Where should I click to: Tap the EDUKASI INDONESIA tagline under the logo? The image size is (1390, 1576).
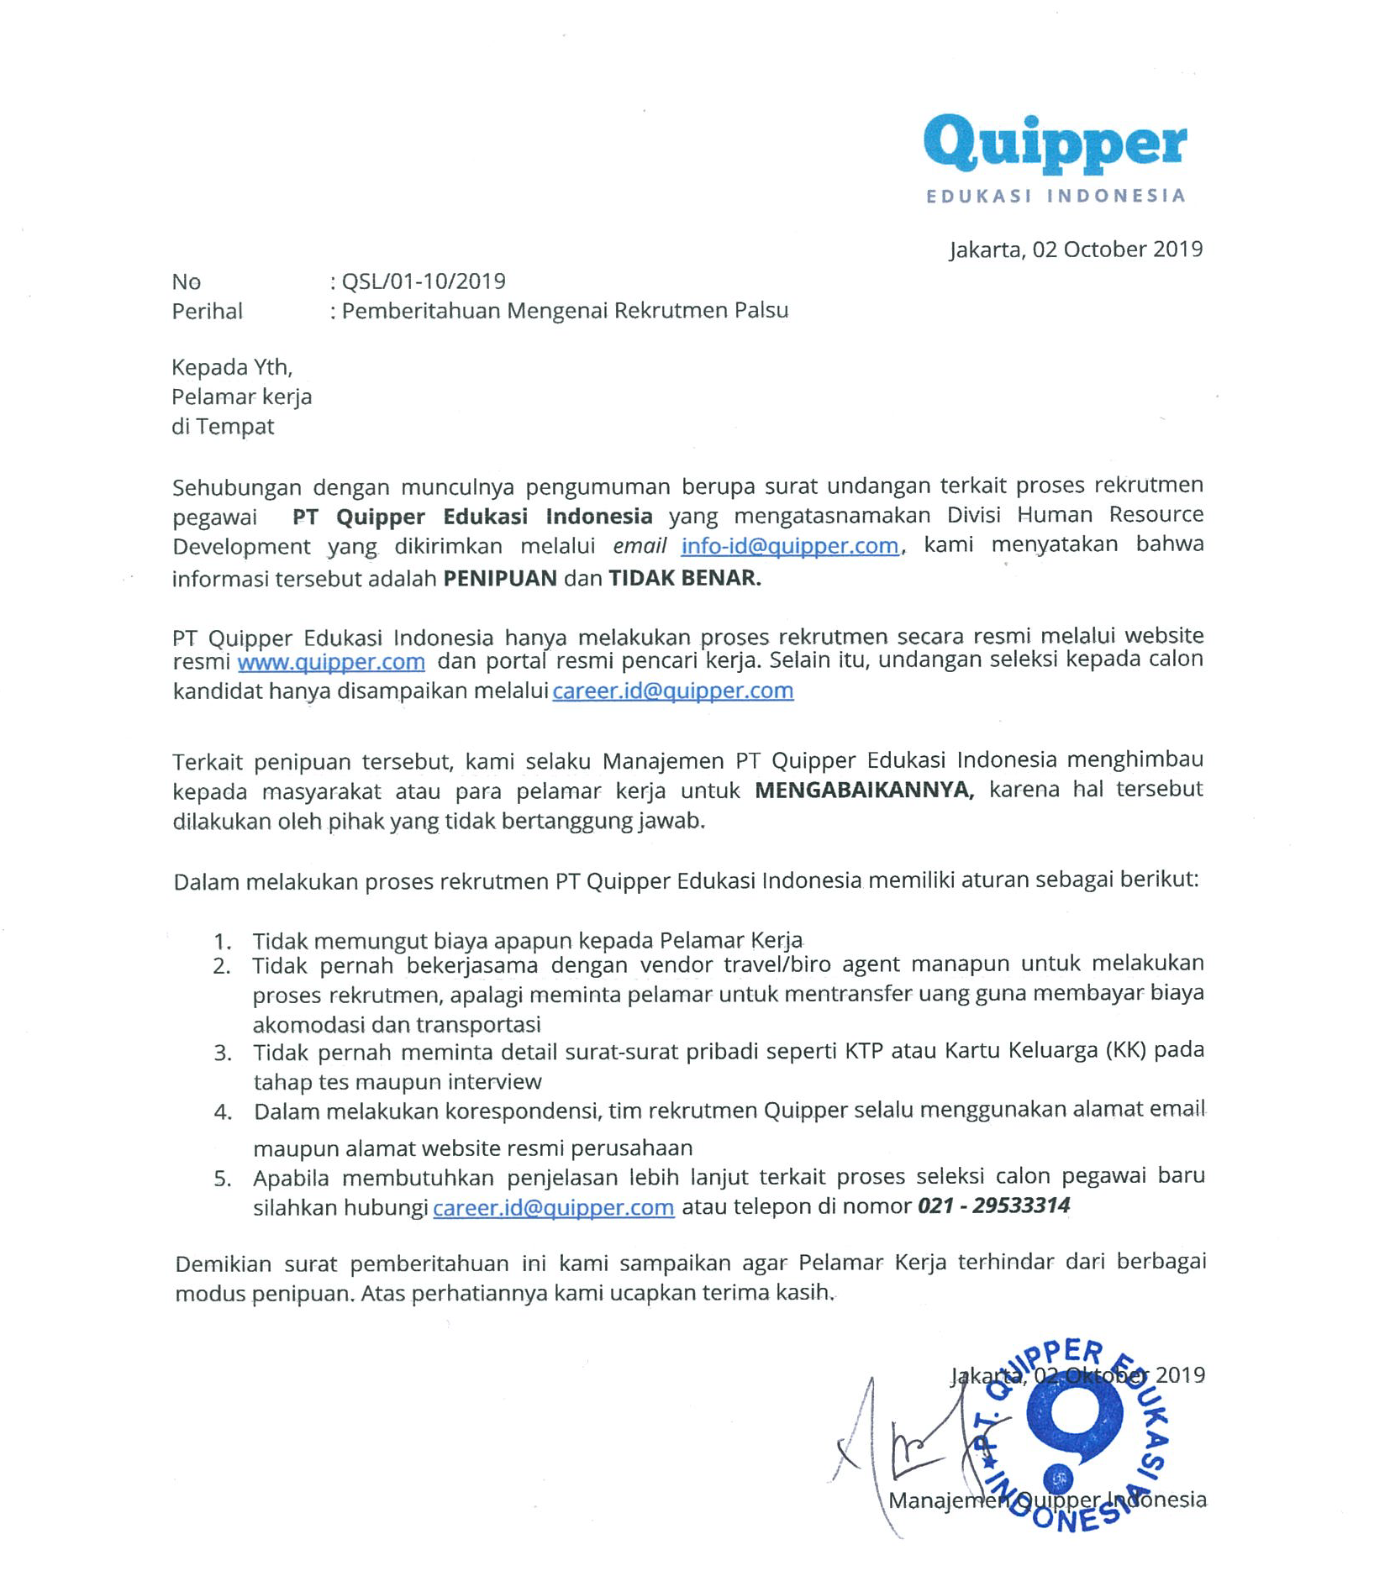pos(1056,197)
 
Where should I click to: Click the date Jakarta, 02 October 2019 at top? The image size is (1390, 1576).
pos(1076,250)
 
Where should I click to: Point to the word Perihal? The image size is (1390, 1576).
pos(207,312)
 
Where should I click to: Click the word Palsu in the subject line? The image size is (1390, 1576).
pos(761,311)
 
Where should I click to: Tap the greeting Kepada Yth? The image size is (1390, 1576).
pos(232,368)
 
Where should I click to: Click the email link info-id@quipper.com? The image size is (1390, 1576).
pos(789,546)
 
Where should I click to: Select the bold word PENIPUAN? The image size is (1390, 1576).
pos(500,579)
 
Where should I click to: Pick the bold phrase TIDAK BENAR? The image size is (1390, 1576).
pos(684,579)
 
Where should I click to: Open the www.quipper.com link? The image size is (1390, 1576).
pos(331,662)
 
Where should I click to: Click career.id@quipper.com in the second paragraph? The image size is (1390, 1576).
pos(672,691)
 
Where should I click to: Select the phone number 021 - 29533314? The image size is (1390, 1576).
pos(993,1206)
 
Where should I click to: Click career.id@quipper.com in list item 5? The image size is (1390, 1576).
pos(553,1208)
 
